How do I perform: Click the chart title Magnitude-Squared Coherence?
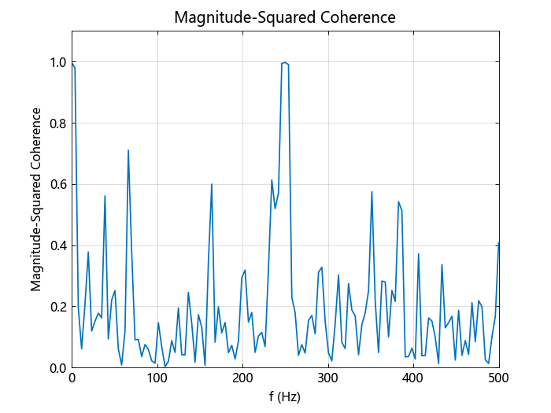tap(285, 17)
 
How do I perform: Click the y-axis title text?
tap(36, 200)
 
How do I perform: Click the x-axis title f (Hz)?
tap(285, 397)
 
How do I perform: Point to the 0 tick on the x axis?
tap(72, 379)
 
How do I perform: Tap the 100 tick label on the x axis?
tap(157, 379)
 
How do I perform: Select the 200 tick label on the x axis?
tap(242, 379)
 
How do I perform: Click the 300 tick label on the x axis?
tap(328, 379)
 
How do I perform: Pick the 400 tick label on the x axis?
tap(413, 379)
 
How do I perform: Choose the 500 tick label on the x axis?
tap(498, 379)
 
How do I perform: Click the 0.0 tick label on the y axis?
tap(57, 368)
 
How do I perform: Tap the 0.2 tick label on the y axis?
tap(57, 307)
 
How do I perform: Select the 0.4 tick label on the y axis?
tap(57, 245)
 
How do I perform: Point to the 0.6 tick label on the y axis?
tap(57, 185)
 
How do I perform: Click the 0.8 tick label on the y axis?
tap(57, 124)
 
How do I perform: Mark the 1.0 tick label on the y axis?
tap(57, 62)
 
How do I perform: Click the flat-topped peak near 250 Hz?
tap(285, 63)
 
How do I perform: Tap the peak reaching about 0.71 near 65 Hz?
tap(128, 150)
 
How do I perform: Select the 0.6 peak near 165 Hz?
tap(212, 184)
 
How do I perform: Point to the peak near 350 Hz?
tap(372, 192)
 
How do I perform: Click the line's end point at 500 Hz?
tap(498, 243)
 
